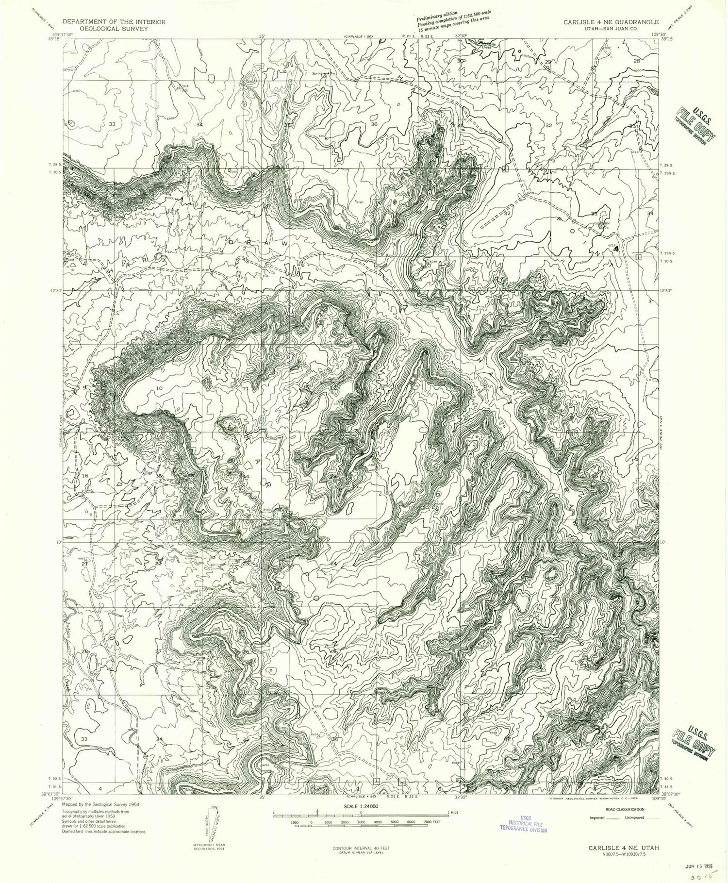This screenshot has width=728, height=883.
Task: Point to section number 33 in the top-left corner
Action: [x=113, y=125]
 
